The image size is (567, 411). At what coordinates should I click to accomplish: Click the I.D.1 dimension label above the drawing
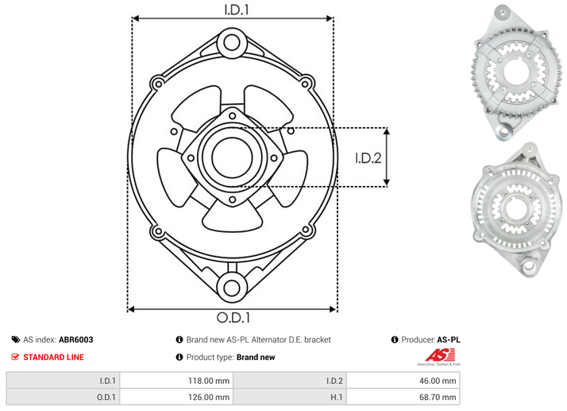237,10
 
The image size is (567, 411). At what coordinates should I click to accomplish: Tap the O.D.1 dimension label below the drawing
233,317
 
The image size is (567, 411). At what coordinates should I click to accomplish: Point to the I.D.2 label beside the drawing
368,158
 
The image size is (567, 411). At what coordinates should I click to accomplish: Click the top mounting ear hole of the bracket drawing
231,42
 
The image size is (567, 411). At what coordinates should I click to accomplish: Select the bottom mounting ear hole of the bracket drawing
231,289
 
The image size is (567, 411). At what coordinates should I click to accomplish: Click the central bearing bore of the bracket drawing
232,157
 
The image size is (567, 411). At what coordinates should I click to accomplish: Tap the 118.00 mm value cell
176,381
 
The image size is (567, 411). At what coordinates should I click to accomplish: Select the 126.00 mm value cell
176,397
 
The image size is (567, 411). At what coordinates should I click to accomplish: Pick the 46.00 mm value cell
403,381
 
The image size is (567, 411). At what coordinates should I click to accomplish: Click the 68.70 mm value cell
403,397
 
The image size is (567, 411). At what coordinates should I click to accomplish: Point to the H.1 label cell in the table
290,397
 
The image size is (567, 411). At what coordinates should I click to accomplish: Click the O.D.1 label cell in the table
64,397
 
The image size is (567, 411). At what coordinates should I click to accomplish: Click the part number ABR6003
76,339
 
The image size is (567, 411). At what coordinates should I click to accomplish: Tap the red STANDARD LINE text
53,357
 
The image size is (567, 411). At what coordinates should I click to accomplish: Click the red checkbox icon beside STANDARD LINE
15,357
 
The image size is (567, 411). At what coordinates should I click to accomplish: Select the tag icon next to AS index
16,339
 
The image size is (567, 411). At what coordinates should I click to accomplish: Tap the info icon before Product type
179,357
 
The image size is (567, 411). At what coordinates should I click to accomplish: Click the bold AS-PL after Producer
449,339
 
